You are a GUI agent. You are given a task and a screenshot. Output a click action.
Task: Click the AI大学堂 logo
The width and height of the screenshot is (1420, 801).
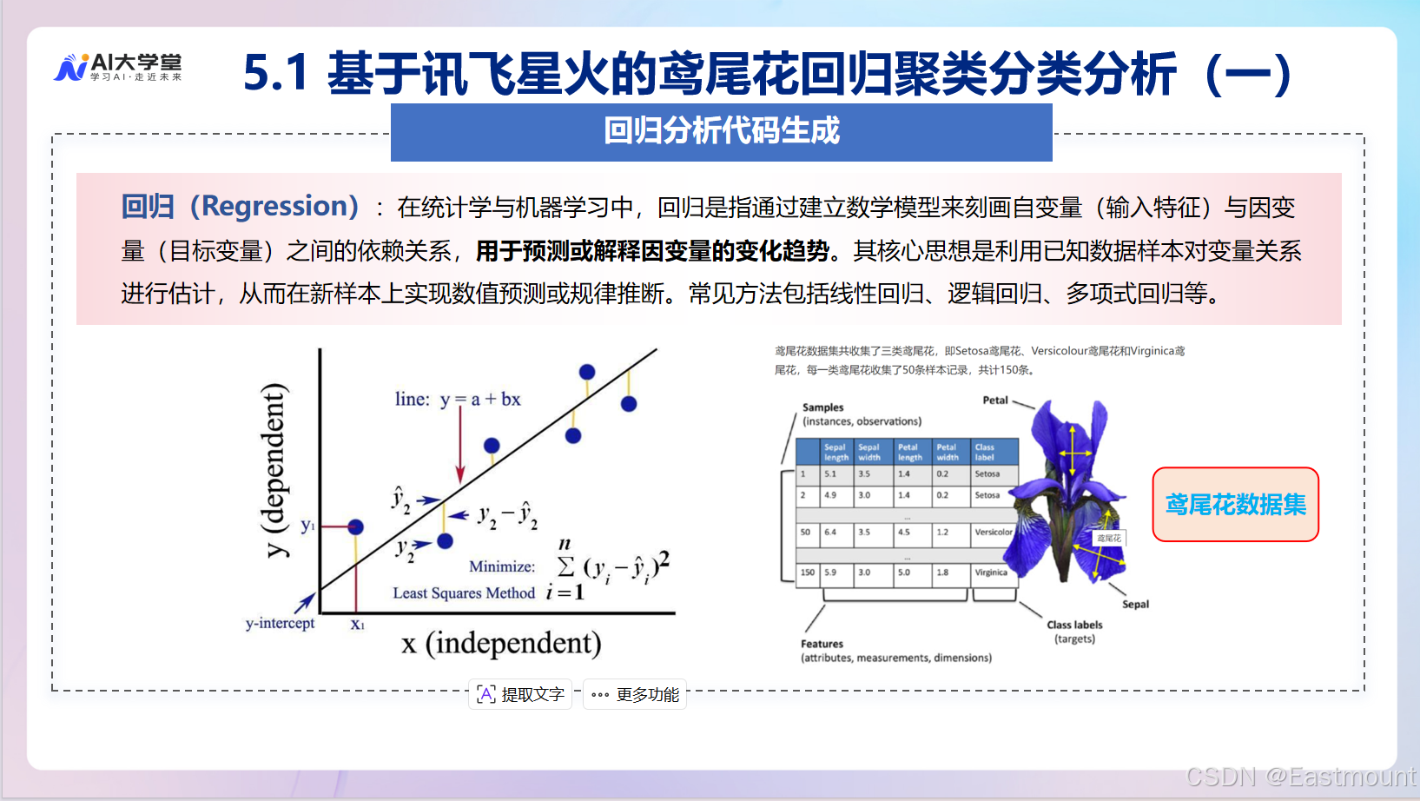coord(118,67)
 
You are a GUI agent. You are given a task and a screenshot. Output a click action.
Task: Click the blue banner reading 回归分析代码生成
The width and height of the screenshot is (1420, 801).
coord(721,132)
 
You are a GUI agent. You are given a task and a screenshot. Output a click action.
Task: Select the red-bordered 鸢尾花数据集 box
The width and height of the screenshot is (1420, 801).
coord(1235,505)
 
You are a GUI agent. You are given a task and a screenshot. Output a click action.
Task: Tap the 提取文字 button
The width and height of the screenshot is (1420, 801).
coord(520,694)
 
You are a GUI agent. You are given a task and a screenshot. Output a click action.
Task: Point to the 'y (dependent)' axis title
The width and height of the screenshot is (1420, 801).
coord(274,469)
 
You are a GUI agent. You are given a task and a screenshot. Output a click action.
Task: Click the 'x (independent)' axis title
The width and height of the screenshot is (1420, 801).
coord(501,643)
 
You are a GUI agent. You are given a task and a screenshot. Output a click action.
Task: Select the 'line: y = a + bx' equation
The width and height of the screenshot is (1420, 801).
coord(458,399)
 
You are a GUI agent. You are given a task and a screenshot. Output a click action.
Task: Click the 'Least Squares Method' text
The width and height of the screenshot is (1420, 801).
coord(464,592)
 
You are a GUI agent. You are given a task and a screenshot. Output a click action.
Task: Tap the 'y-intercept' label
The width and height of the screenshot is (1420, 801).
coord(280,623)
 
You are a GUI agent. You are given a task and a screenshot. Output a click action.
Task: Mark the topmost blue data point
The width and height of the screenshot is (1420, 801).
coord(587,372)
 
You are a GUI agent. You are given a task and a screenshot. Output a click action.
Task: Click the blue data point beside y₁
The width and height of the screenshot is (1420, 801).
coord(355,526)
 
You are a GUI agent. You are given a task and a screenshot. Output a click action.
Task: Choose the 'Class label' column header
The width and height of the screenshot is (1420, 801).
coord(985,452)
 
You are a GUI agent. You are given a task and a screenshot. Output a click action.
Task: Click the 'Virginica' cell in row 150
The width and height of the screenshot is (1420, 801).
coord(991,573)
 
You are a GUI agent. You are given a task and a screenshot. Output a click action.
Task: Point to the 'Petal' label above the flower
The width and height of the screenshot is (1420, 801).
coord(995,400)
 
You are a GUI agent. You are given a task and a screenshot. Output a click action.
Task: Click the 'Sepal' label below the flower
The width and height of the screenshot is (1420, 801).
coord(1135,604)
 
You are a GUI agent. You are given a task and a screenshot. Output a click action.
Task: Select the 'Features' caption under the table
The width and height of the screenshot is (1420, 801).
coord(822,644)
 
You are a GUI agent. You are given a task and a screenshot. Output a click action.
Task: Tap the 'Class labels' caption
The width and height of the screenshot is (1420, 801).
coord(1074,625)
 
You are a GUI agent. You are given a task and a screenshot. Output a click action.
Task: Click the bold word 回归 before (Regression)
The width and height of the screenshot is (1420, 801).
coord(148,207)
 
